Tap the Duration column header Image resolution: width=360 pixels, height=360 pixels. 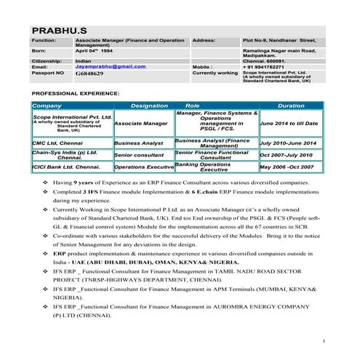click(291, 106)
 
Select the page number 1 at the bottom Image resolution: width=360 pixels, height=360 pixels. click(322, 340)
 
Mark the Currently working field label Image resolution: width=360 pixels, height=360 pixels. click(215, 73)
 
